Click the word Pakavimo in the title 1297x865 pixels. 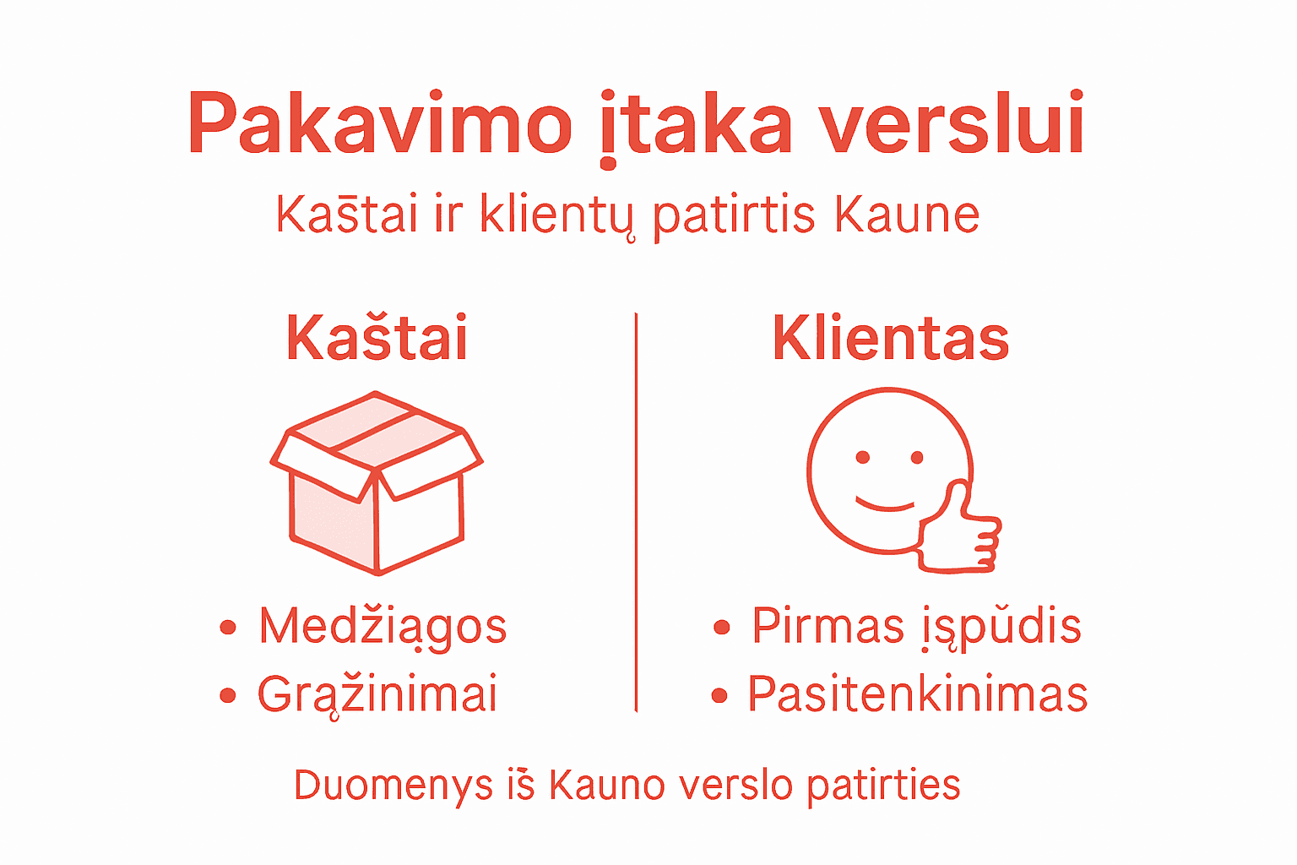[379, 125]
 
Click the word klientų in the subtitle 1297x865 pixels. [556, 215]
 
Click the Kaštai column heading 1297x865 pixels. [377, 338]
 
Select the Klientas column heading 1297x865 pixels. [891, 338]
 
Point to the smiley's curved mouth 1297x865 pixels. [886, 504]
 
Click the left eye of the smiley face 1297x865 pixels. [862, 458]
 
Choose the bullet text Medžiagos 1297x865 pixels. [383, 627]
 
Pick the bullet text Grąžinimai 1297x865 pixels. [377, 695]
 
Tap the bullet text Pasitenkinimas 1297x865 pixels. [917, 694]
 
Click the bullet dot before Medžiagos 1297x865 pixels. [227, 627]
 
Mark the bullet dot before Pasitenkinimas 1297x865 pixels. [719, 695]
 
